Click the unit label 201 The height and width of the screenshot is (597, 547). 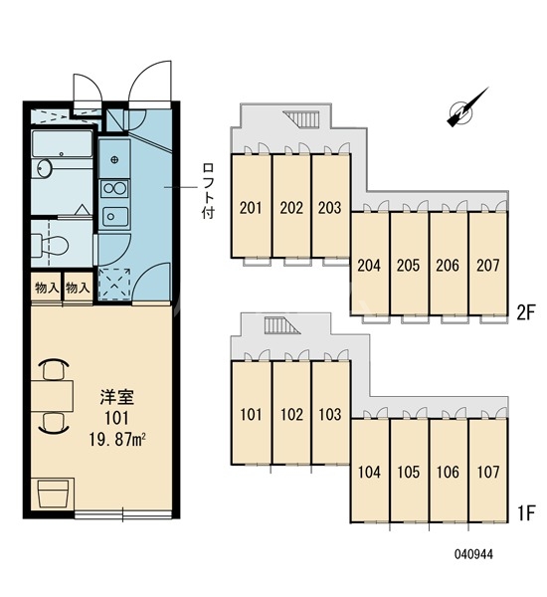[251, 209]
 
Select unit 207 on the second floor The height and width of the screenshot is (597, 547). [487, 266]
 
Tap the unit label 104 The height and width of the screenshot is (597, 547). [369, 473]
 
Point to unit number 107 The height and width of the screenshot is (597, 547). [487, 473]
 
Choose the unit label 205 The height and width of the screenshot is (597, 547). [409, 266]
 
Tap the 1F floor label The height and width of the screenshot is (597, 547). [525, 514]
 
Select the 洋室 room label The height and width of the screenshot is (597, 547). [114, 393]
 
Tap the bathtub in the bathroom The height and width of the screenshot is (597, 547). [62, 146]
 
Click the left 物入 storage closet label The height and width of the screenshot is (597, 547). [46, 288]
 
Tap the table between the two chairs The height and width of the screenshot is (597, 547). [53, 396]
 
